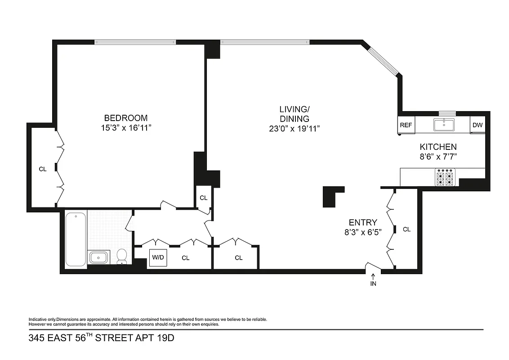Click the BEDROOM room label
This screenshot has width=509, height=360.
pos(125,118)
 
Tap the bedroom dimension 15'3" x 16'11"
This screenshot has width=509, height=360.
pos(125,128)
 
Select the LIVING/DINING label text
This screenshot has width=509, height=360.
pos(294,114)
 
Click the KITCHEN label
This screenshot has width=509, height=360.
pos(438,147)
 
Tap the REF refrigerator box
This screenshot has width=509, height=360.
pos(406,125)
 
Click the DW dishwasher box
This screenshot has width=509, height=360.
pos(477,125)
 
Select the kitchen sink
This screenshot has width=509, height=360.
pos(445,125)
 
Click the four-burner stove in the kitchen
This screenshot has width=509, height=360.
pos(445,177)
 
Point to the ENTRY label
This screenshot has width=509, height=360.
pos(363,222)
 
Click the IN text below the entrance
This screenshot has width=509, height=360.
pos(373,284)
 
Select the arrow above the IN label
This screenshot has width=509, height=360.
pos(373,276)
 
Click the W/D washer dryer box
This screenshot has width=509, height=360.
pos(158,258)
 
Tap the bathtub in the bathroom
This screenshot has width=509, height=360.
pos(76,240)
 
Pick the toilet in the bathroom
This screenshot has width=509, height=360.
pos(121,256)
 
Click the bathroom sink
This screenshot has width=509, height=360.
pos(98,257)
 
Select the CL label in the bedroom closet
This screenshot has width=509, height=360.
pos(42,169)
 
